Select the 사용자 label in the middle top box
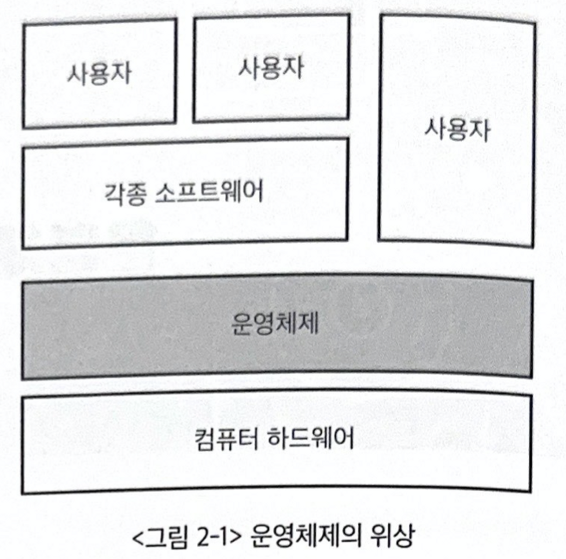click(271, 68)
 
